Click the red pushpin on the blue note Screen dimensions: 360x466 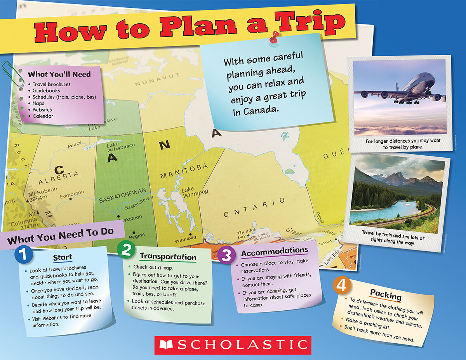point(275,37)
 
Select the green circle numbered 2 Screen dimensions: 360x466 point(126,250)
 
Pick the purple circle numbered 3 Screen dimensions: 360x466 point(226,255)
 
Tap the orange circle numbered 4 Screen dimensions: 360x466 point(342,286)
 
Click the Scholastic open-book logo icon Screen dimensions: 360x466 point(166,345)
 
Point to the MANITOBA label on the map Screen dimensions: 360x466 point(184,171)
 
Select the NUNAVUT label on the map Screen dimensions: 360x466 point(157,80)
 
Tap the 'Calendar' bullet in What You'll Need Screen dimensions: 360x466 point(43,116)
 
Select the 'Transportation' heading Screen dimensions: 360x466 point(168,256)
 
